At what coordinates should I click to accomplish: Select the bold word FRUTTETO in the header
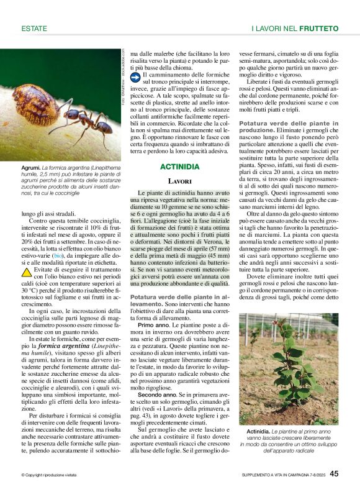pyautogui.click(x=319, y=28)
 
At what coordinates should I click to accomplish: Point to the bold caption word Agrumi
pyautogui.click(x=31, y=168)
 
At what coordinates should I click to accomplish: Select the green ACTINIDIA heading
pyautogui.click(x=180, y=166)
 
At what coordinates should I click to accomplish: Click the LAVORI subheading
pyautogui.click(x=180, y=181)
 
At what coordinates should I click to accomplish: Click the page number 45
pyautogui.click(x=334, y=474)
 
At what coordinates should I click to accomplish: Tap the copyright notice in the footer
pyautogui.click(x=49, y=475)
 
